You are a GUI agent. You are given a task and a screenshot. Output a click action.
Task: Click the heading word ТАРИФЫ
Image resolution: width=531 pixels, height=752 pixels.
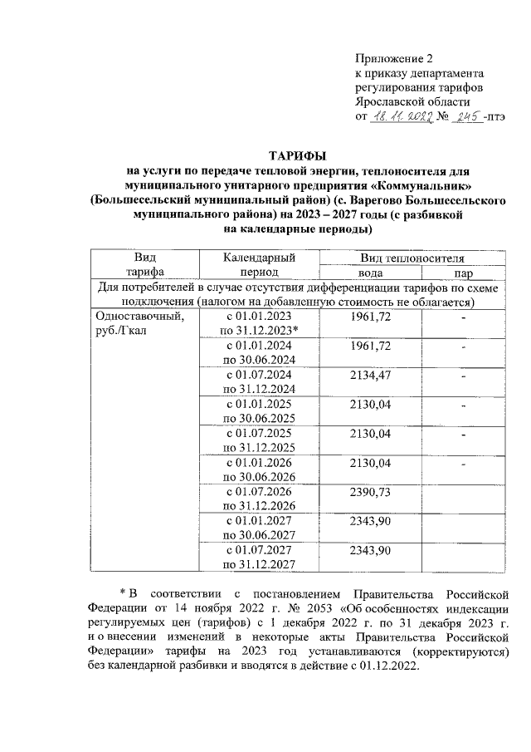click(298, 156)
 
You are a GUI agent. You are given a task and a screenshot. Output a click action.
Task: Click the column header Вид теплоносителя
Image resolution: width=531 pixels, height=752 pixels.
click(412, 259)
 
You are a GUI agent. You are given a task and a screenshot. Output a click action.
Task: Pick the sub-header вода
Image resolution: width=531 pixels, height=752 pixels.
click(369, 273)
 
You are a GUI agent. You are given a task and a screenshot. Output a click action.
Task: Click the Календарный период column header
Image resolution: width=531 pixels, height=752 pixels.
click(259, 265)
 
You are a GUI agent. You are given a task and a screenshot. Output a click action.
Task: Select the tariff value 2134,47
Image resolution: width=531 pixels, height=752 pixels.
click(371, 375)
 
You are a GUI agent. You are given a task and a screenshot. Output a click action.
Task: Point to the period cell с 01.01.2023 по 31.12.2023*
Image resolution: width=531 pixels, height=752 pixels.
click(259, 323)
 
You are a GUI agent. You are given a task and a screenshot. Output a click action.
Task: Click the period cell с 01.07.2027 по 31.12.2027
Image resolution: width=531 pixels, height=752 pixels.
click(259, 556)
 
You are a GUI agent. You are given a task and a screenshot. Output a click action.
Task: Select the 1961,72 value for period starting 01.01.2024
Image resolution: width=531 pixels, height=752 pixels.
click(371, 346)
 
